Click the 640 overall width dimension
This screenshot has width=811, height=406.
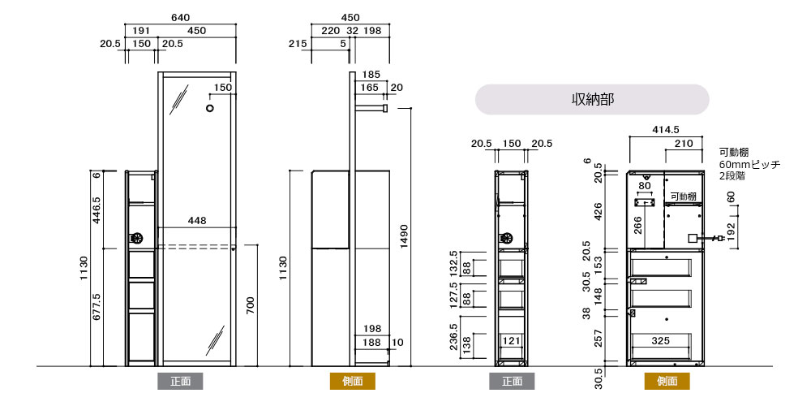[x=181, y=18]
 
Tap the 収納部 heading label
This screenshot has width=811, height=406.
[x=592, y=99]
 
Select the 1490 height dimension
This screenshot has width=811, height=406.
[x=405, y=237]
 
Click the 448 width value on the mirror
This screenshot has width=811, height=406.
[x=197, y=221]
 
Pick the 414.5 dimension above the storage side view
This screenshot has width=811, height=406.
[x=666, y=130]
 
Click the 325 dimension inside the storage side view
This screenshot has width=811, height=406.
[x=660, y=341]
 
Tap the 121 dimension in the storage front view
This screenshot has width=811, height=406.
[x=512, y=341]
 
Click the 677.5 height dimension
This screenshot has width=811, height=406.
[x=97, y=307]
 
